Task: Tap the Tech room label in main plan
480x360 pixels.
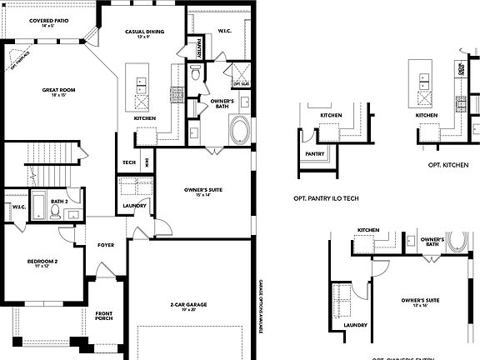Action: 129,162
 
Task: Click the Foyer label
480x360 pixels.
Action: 106,245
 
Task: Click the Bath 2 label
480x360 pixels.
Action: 58,201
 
